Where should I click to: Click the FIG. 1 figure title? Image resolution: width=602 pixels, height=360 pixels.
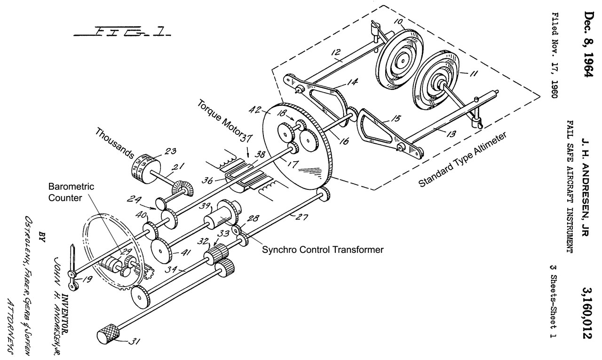(x=122, y=31)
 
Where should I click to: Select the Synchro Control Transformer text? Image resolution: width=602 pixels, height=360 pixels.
(x=323, y=250)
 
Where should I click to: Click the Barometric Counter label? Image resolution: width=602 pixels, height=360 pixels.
(x=71, y=192)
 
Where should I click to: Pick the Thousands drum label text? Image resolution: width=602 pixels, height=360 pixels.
(x=115, y=143)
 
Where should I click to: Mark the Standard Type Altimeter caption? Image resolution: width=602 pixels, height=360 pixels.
(x=462, y=159)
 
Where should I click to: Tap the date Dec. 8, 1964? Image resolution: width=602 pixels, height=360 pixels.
(x=587, y=45)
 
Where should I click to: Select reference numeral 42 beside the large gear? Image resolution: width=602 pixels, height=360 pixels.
(x=255, y=110)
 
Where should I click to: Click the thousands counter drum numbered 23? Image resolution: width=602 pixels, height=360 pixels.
(x=146, y=169)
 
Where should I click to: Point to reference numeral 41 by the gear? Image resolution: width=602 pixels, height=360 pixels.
(x=185, y=253)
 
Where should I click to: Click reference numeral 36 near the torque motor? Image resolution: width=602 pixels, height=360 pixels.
(x=207, y=180)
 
